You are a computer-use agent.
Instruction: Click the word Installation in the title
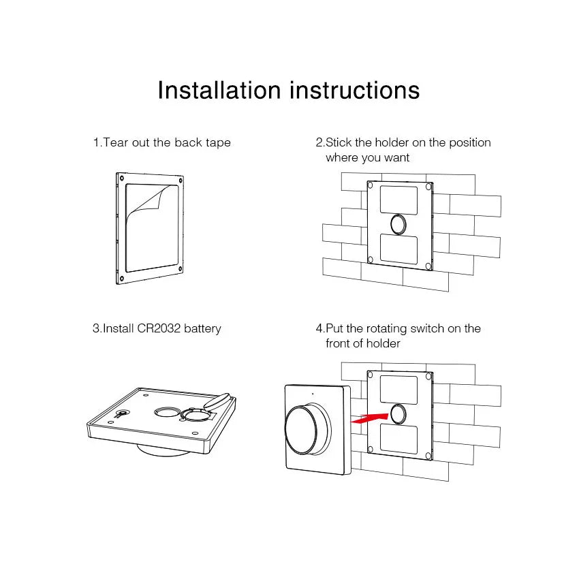[219, 90]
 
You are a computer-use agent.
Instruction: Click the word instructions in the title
[355, 90]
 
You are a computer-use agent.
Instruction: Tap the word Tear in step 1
[116, 142]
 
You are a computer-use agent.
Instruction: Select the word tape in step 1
[218, 143]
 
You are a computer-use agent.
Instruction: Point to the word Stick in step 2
[339, 142]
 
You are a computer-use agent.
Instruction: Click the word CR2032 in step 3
[159, 328]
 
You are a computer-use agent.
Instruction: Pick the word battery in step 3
[202, 329]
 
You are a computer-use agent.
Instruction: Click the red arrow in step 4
[369, 418]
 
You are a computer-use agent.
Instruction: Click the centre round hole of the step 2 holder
[398, 224]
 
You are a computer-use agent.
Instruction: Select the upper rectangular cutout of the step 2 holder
[398, 200]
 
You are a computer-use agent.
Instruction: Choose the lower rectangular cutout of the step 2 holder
[398, 249]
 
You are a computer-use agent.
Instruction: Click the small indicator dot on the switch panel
[313, 394]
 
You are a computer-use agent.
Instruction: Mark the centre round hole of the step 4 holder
[398, 414]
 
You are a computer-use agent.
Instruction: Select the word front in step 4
[339, 343]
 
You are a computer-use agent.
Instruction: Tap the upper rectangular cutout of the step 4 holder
[398, 389]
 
